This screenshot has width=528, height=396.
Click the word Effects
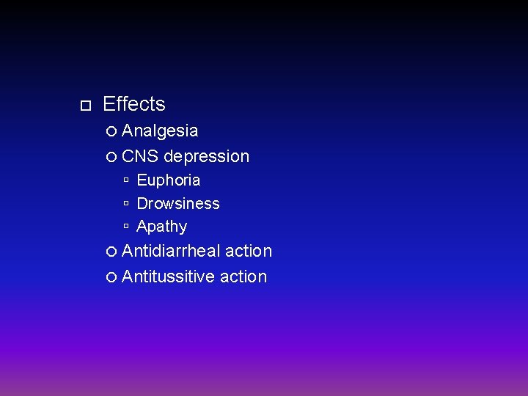(x=134, y=104)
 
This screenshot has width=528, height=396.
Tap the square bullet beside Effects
(x=84, y=106)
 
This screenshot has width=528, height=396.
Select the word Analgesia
(x=160, y=131)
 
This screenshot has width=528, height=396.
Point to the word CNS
(x=139, y=156)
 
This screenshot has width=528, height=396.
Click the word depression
(x=207, y=157)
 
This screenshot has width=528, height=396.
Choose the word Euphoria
(x=168, y=180)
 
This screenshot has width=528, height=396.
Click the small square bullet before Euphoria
(x=127, y=180)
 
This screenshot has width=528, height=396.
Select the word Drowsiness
(x=178, y=203)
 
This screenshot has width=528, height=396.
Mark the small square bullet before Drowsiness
(x=127, y=204)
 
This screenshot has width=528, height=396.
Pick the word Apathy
(x=161, y=227)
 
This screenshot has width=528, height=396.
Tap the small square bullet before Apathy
(x=127, y=227)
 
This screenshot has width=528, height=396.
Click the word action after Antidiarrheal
(x=249, y=251)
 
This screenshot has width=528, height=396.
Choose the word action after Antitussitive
(x=243, y=276)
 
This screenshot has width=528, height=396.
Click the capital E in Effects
(x=109, y=104)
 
